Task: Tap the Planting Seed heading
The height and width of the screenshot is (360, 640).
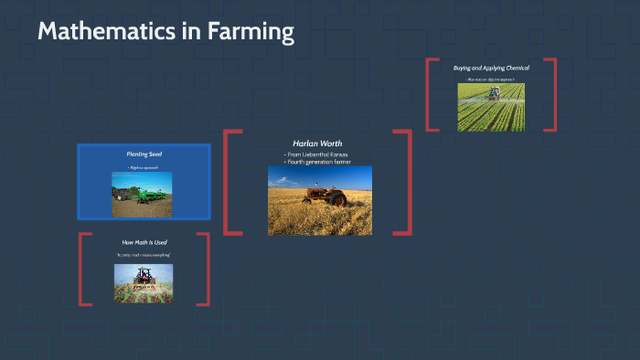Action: coord(144,154)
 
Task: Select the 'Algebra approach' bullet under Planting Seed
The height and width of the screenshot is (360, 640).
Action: coord(144,168)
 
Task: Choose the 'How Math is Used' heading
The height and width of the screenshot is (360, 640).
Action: coord(144,242)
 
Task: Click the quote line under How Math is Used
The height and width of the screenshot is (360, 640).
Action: coord(144,254)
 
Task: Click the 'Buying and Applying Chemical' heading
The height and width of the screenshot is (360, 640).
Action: coord(491,68)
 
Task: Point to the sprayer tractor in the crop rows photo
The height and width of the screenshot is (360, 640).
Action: coord(493,93)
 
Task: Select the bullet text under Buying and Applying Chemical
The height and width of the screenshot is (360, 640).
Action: coord(491,79)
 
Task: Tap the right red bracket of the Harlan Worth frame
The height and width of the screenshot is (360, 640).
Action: coord(409,183)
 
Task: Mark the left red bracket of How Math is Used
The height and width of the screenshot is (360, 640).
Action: coord(82,270)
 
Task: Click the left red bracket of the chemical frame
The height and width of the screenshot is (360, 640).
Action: coord(429,96)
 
